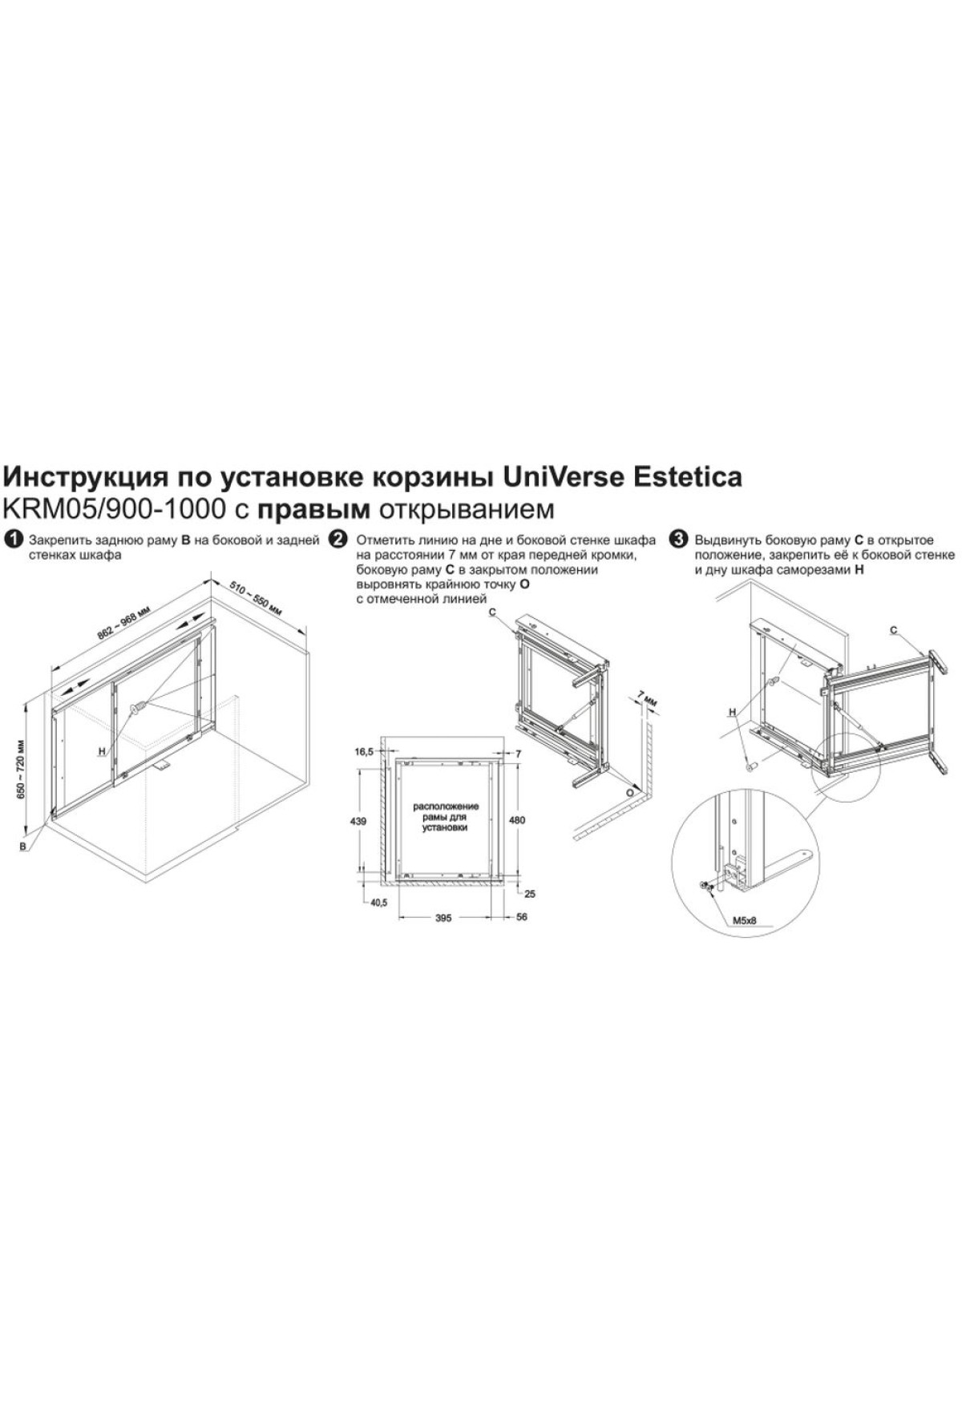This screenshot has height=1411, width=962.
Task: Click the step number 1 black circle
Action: [x=12, y=540]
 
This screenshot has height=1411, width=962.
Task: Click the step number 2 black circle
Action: [x=338, y=540]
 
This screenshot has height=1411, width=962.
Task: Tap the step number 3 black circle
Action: [x=680, y=540]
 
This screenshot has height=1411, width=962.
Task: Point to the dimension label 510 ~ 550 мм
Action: [x=256, y=598]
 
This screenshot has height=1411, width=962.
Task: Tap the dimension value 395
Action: [x=443, y=917]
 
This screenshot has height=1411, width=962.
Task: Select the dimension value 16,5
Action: [x=364, y=751]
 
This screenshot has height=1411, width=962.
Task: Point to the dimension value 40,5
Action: [x=378, y=903]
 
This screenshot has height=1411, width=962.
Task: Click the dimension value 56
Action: [x=522, y=917]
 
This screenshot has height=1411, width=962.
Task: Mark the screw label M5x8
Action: [x=745, y=921]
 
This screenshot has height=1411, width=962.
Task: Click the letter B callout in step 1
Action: [x=23, y=846]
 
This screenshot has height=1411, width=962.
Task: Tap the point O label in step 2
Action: [x=629, y=792]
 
